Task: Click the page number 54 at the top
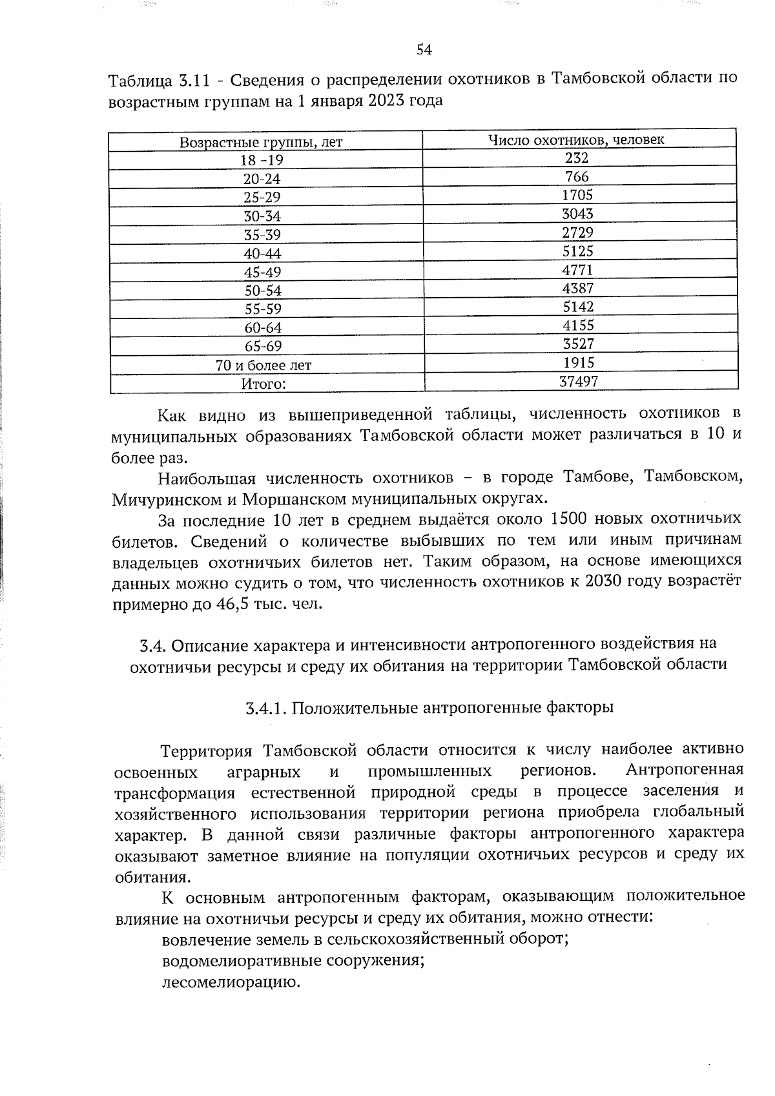(424, 50)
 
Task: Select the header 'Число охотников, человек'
(576, 140)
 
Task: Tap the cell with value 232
(577, 158)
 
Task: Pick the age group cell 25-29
(262, 198)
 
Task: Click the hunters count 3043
(577, 214)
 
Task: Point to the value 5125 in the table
(577, 251)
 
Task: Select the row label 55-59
(263, 309)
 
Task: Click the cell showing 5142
(578, 307)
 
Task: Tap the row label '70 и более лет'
(263, 366)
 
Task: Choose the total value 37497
(579, 382)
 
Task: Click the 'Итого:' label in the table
(263, 384)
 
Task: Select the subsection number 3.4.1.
(266, 708)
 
